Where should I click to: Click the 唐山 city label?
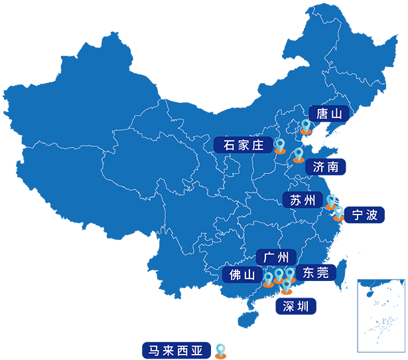tap(329, 114)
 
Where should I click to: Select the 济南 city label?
tap(326, 166)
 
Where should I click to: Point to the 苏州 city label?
tap(303, 200)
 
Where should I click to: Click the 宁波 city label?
tap(364, 215)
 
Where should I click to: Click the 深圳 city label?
tap(295, 306)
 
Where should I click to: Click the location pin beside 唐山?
tap(306, 126)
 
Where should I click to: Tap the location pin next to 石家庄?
tap(280, 145)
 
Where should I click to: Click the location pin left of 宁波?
tap(339, 211)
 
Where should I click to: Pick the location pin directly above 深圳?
tap(287, 286)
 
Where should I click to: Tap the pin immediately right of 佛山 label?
tap(268, 278)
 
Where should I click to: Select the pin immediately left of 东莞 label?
tap(290, 274)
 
